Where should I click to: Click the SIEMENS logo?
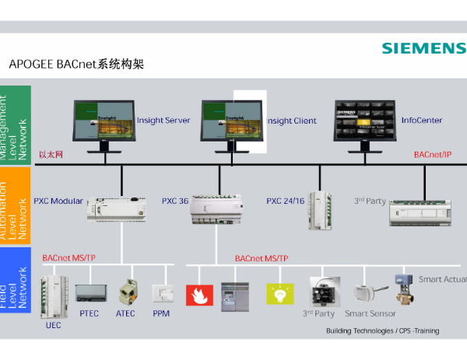(423, 48)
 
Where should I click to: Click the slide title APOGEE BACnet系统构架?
(76, 65)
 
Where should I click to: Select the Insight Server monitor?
(104, 123)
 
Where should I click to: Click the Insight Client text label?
(292, 121)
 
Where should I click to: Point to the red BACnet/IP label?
(432, 155)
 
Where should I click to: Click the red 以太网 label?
(51, 155)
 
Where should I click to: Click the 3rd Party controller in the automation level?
(420, 212)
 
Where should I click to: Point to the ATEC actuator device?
(127, 292)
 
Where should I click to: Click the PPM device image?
(161, 293)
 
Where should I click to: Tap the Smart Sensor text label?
(370, 314)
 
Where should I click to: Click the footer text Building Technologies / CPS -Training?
(381, 331)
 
